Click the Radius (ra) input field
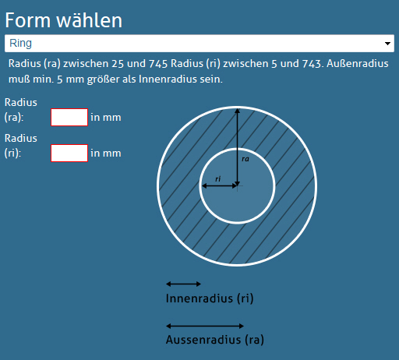point(69,118)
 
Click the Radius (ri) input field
point(69,154)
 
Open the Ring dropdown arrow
point(387,44)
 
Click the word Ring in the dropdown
point(20,44)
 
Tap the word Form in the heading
point(28,20)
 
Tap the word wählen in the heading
point(90,20)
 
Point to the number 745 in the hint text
point(158,64)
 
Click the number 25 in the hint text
point(118,64)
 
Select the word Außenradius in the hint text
point(358,63)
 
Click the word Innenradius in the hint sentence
point(168,79)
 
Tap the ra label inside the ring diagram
point(245,159)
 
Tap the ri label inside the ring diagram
point(217,178)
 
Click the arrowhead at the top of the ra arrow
point(237,111)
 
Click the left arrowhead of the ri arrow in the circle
point(204,185)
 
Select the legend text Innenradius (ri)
point(210,298)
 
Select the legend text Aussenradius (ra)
point(215,340)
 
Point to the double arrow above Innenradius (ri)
point(183,284)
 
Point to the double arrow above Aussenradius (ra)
point(205,326)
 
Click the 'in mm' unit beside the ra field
point(106,118)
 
